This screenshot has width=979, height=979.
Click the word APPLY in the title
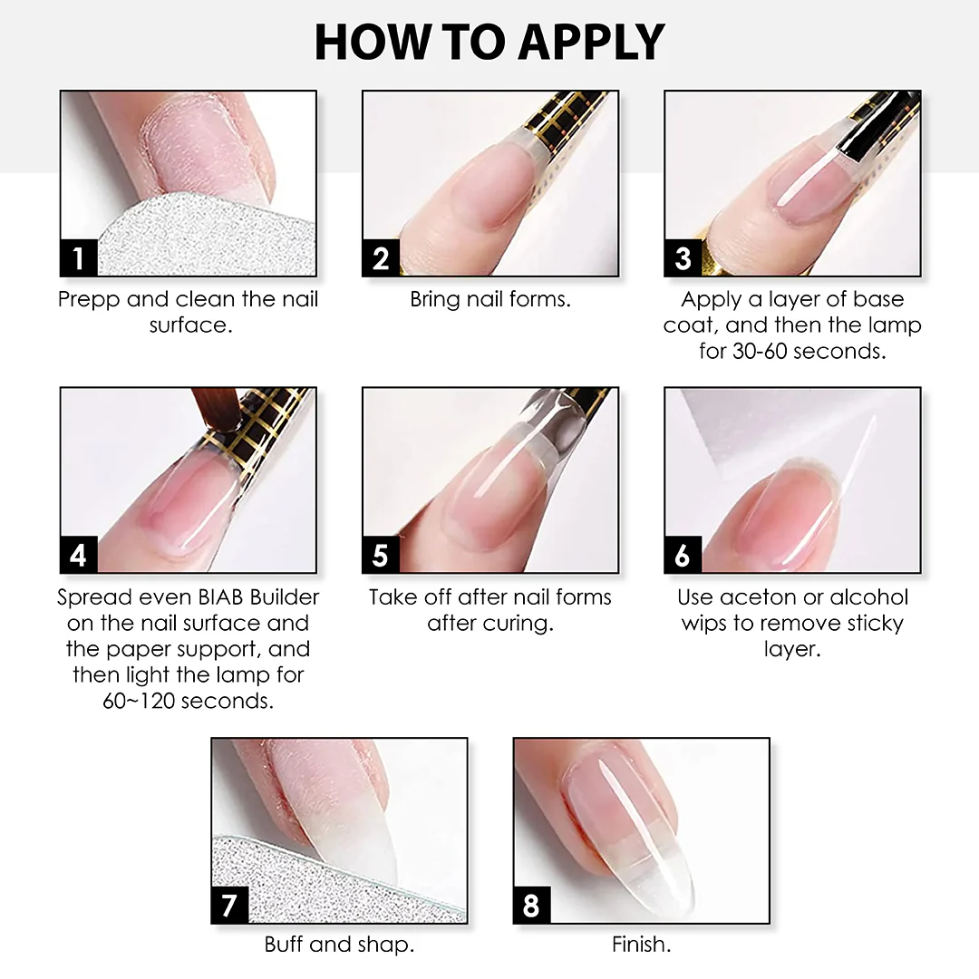coord(591,42)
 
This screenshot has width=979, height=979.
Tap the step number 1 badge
coord(79,257)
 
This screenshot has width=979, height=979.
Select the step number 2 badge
coord(381,257)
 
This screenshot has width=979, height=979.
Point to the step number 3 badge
coord(683,257)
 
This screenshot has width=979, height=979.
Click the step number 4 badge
coord(79,555)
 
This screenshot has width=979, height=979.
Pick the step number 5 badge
coord(381,555)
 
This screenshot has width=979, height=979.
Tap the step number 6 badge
coord(683,555)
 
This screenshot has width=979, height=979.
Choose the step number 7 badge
coord(229,905)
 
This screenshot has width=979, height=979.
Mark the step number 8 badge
coord(532,905)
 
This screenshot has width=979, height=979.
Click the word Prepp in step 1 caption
coord(89,300)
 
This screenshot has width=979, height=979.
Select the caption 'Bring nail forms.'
coord(490,299)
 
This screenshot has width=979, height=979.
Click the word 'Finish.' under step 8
coord(641,944)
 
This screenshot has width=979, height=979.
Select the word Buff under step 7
coord(284,944)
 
